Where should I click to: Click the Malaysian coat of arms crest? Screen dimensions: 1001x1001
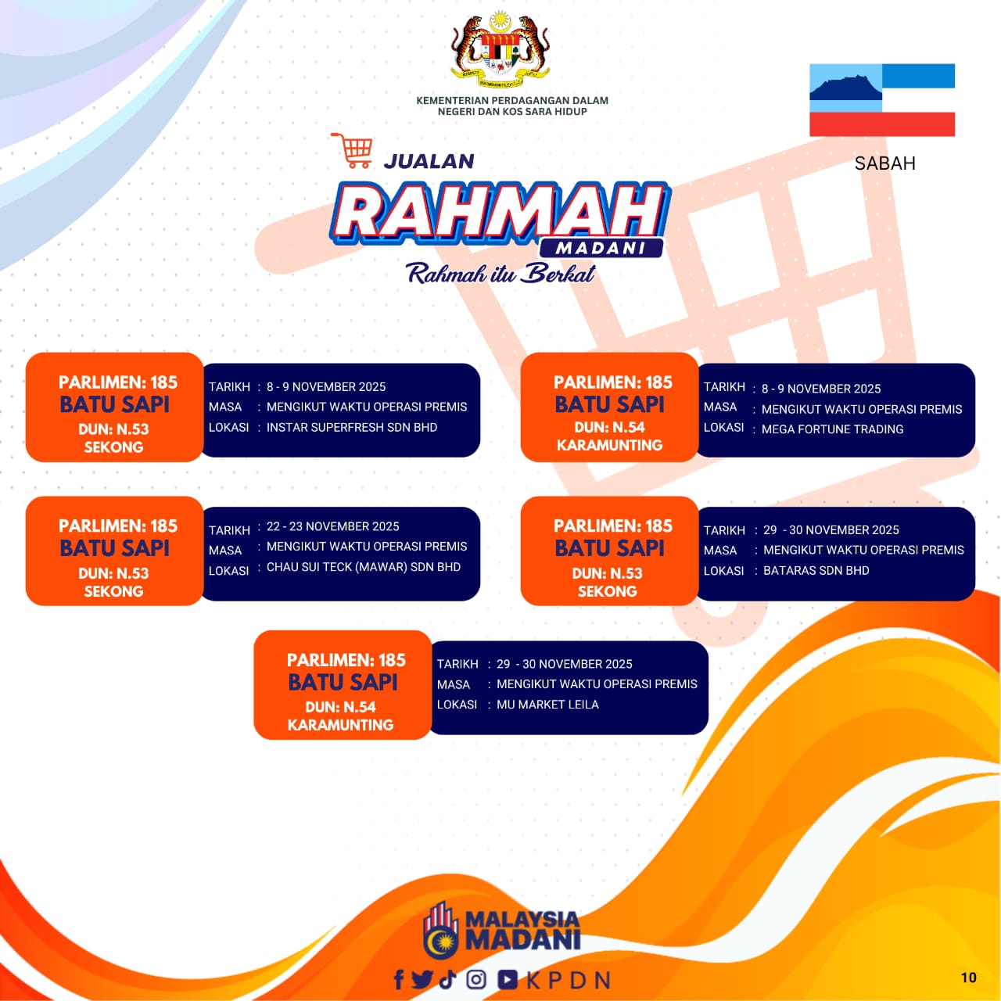tap(500, 50)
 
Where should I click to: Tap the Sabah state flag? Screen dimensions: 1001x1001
tap(882, 100)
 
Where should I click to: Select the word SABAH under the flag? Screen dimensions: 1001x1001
tap(884, 163)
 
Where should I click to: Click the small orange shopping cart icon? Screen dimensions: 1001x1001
tap(352, 151)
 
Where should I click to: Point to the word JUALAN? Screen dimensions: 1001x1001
tap(429, 161)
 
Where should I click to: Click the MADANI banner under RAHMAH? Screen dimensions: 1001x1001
tap(601, 248)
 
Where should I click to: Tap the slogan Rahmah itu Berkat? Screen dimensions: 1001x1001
tap(500, 274)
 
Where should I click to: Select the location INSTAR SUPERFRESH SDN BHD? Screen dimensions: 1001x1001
tap(352, 427)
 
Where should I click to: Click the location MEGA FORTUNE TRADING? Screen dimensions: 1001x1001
tap(832, 429)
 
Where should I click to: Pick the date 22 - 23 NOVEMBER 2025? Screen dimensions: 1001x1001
tap(333, 526)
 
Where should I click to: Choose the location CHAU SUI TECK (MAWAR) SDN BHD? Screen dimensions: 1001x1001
tap(364, 567)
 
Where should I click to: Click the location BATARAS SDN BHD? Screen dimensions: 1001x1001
tap(816, 570)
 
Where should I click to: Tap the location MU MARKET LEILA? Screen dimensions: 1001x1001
tap(547, 705)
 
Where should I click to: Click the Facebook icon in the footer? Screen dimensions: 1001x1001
tap(399, 979)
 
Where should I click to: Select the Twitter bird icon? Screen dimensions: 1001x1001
tap(422, 979)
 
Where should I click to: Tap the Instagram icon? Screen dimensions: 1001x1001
tap(475, 979)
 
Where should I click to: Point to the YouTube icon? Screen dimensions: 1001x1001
tap(508, 980)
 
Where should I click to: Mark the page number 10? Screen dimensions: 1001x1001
tap(969, 978)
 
